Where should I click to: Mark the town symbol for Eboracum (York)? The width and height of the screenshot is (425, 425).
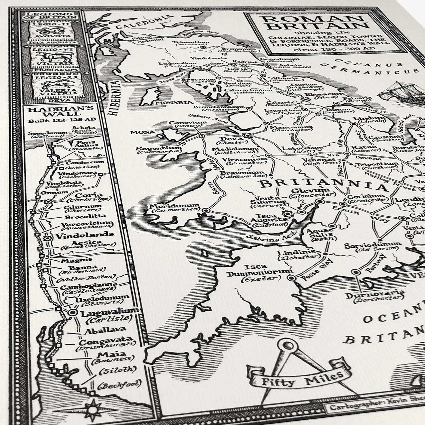tap(305, 99)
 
